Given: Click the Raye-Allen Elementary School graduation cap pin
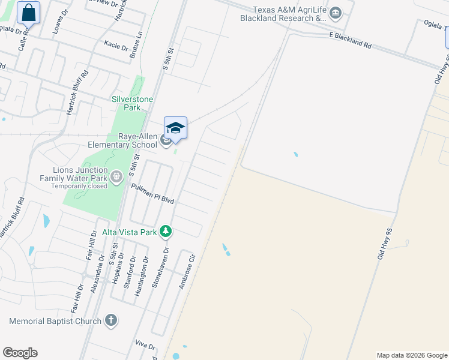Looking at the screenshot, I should [175, 128].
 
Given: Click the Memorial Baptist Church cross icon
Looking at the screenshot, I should [110, 320].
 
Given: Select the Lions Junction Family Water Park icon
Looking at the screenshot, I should [116, 176].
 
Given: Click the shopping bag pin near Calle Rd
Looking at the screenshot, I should [28, 12].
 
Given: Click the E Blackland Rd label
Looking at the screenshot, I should [350, 37].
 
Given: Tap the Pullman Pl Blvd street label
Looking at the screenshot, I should [152, 194].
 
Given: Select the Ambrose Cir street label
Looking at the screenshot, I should [187, 274].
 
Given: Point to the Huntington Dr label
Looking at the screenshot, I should [143, 269].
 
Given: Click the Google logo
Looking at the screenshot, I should [20, 353].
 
